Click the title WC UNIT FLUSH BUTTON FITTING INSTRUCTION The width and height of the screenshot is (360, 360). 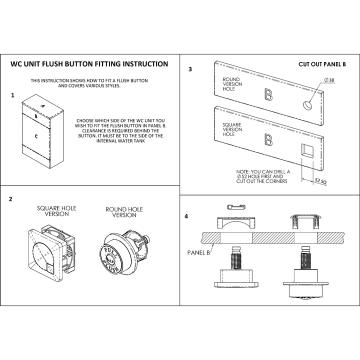pyautogui.click(x=89, y=64)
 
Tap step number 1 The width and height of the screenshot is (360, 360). pyautogui.click(x=12, y=94)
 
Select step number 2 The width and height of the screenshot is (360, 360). pyautogui.click(x=10, y=199)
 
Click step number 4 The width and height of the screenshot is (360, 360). pyautogui.click(x=186, y=216)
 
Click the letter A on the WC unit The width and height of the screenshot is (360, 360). pyautogui.click(x=43, y=106)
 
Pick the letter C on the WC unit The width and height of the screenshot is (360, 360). pyautogui.click(x=36, y=135)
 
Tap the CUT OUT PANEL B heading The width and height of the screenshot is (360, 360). pyautogui.click(x=322, y=64)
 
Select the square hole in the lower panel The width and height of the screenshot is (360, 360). pyautogui.click(x=307, y=151)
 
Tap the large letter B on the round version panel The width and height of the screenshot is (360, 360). pyautogui.click(x=268, y=94)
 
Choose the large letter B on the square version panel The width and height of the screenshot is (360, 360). pyautogui.click(x=268, y=140)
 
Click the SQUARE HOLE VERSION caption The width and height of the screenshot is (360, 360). pyautogui.click(x=57, y=211)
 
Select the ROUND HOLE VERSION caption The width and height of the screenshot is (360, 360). pyautogui.click(x=124, y=212)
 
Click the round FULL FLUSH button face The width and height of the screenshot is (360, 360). pyautogui.click(x=110, y=258)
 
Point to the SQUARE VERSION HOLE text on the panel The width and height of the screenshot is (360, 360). pyautogui.click(x=232, y=129)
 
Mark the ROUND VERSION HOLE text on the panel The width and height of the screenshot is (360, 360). pyautogui.click(x=232, y=84)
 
